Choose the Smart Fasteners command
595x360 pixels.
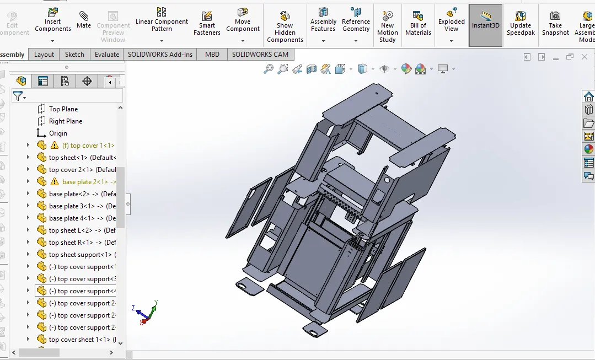pos(207,24)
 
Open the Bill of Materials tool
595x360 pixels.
pos(418,24)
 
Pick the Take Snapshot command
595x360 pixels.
pos(555,24)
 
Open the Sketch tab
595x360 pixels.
pos(74,55)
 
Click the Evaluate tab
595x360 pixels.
pos(107,55)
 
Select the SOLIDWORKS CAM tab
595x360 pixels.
pos(260,55)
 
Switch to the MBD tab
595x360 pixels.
pos(212,55)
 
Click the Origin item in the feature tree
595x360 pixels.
pos(58,133)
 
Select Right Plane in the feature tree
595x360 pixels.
pos(65,121)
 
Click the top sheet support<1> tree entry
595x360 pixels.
pos(80,255)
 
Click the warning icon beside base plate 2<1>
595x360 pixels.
pos(54,182)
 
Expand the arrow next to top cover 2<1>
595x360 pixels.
pos(28,170)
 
